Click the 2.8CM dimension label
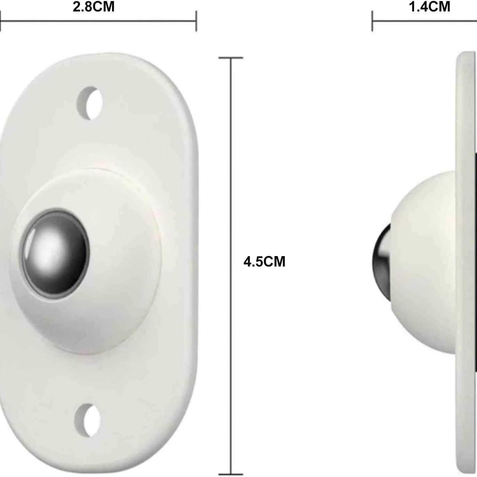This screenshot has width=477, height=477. click(93, 7)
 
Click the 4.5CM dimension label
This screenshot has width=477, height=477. click(264, 262)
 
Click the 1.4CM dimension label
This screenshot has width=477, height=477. click(429, 7)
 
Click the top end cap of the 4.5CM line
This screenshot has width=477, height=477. click(231, 58)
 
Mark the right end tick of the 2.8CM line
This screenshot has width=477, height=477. click(196, 21)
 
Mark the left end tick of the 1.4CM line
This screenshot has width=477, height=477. click(372, 21)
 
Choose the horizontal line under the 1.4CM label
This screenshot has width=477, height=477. click(424, 21)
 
